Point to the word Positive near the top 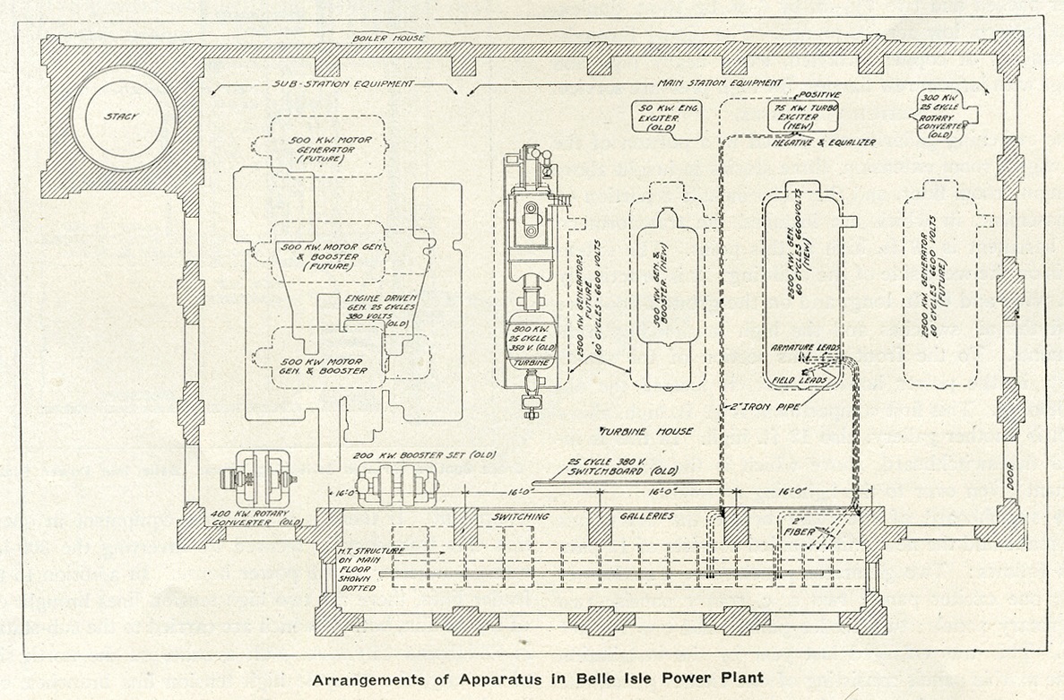click(x=821, y=92)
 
